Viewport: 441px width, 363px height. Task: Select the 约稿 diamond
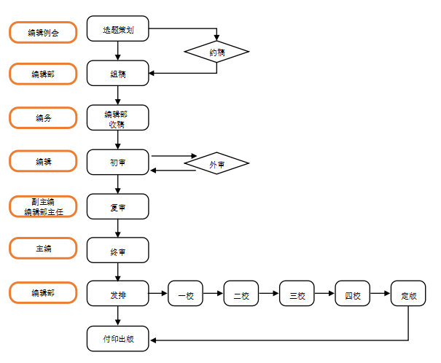tap(216, 52)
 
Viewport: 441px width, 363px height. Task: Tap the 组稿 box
tap(117, 73)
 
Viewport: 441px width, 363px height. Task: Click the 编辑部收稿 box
tap(117, 118)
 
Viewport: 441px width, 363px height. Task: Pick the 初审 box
tap(117, 162)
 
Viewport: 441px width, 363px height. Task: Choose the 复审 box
tap(117, 207)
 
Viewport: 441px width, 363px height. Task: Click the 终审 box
tap(117, 251)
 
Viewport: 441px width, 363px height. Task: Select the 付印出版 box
tap(117, 339)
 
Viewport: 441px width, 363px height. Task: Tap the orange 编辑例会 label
tap(43, 32)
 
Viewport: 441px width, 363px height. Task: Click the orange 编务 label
tap(43, 117)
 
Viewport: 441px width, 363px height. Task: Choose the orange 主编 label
tap(43, 248)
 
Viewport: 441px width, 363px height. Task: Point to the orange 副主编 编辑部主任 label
tap(43, 206)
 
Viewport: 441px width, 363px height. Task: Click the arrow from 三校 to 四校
tap(325, 294)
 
